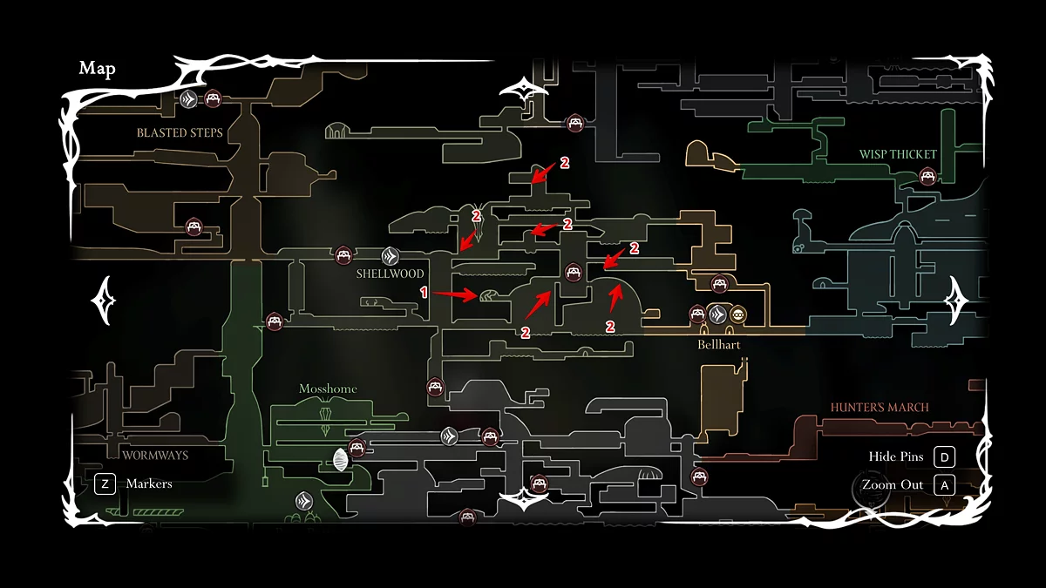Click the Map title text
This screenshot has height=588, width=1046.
coord(97,69)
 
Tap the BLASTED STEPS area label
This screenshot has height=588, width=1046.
coord(180,133)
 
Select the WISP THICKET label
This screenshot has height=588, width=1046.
coord(898,154)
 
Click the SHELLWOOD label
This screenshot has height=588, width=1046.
coord(390,274)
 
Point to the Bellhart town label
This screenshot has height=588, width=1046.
coord(718,345)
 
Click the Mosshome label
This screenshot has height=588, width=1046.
coord(328,389)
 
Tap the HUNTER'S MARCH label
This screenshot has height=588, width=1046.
coord(880,407)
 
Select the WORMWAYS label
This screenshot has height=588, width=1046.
coord(155,455)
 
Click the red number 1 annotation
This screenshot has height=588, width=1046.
coord(425,294)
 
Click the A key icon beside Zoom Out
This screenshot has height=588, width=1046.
coord(944,485)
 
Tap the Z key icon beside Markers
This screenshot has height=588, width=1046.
coord(105,483)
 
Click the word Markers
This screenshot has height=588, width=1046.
coord(149,483)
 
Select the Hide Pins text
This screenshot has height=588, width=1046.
coord(895,457)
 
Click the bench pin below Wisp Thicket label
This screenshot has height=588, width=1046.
coord(928,178)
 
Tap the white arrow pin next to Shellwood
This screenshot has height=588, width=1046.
coord(391,256)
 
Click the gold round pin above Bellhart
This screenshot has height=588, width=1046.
coord(737,314)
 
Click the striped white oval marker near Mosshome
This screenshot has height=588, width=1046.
coord(339,460)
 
